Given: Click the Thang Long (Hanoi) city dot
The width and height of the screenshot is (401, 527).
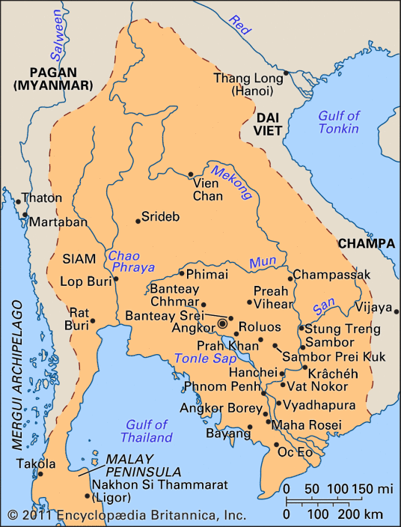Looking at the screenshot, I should coord(286,73).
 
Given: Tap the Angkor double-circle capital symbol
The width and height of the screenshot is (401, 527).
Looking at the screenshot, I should coord(222,324).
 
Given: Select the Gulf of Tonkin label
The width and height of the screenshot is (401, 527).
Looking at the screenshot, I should coord(339,123).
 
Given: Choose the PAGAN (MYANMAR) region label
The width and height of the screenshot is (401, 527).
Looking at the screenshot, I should coord(49,78).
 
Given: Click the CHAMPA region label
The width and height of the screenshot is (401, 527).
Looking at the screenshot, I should coord(366,243).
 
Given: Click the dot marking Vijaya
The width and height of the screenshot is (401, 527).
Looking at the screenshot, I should coord(397,308).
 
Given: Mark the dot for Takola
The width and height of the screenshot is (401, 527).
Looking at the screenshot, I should coord(41,473).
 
